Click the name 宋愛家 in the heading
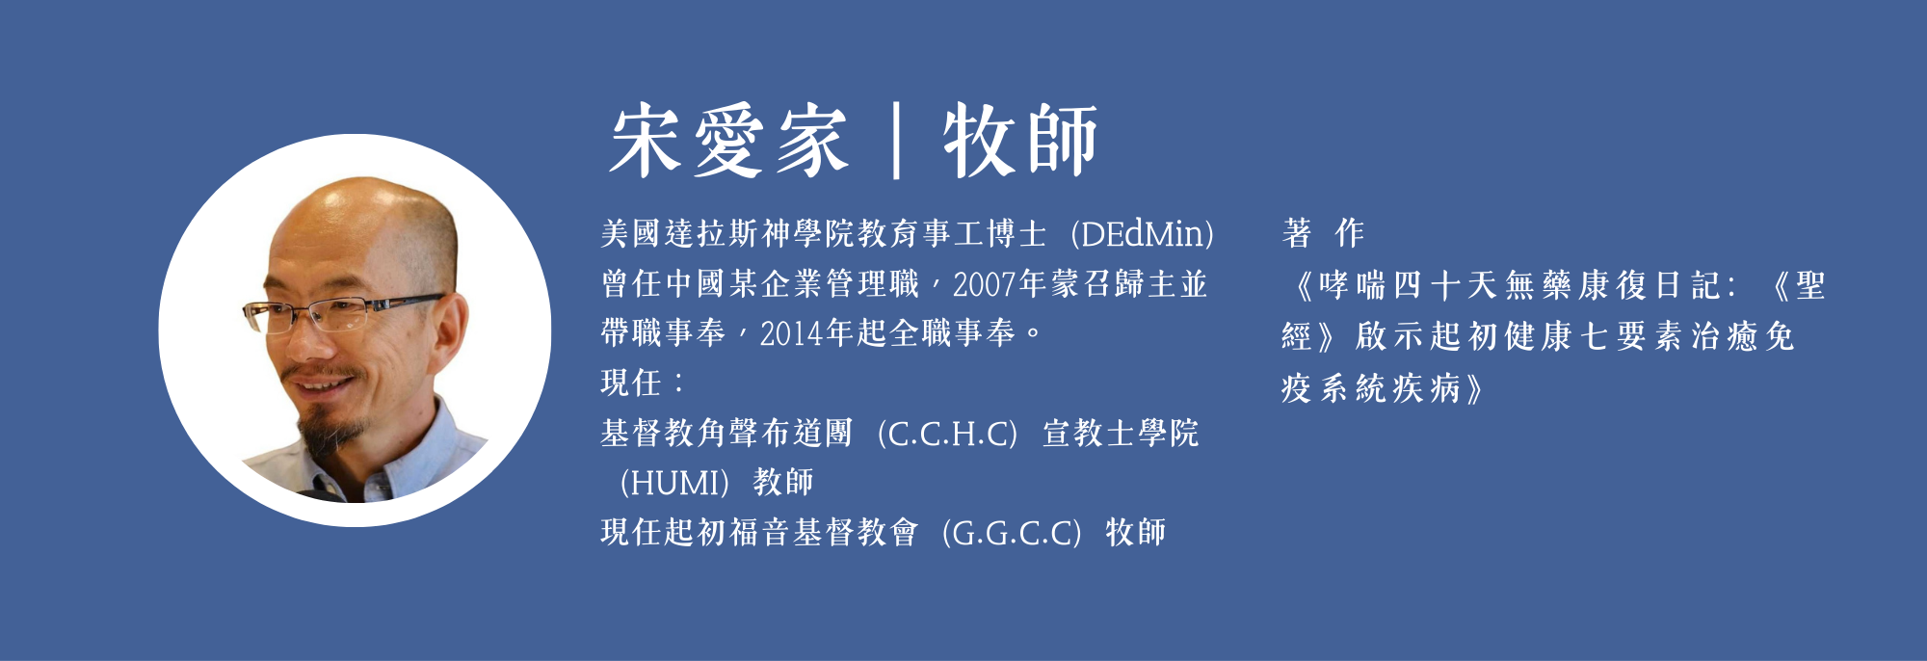point(728,142)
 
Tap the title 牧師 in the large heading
point(1020,142)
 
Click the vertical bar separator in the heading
point(896,142)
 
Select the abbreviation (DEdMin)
point(1143,234)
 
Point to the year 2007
point(985,285)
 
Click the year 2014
point(792,334)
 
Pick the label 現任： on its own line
point(643,383)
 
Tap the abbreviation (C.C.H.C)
point(947,434)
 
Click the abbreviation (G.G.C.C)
point(1011,533)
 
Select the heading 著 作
point(1323,233)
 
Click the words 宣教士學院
point(1121,434)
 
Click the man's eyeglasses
point(342,310)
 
